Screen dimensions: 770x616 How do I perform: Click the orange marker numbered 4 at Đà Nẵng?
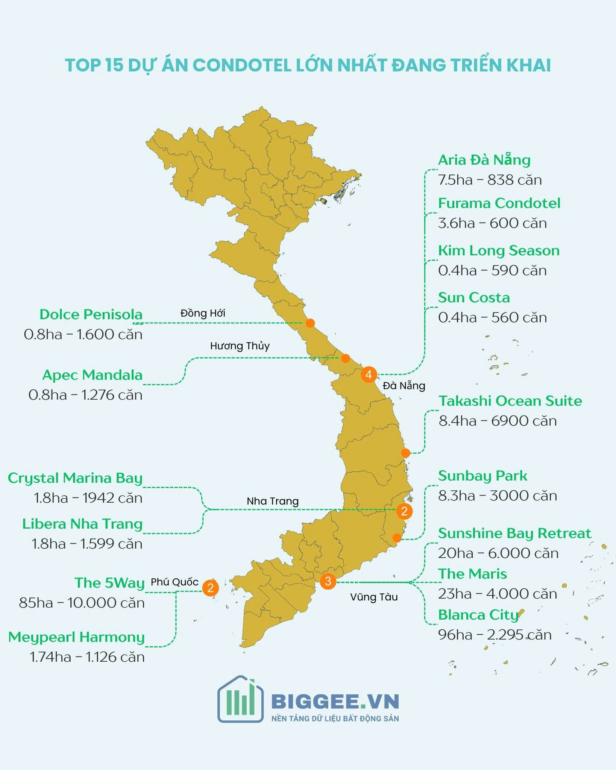tap(369, 374)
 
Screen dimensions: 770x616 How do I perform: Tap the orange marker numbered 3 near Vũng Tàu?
tap(328, 581)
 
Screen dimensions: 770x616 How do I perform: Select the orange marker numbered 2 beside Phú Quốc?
tap(210, 588)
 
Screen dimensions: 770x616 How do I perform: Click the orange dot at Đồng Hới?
tap(310, 323)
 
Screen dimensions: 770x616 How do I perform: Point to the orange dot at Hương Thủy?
tap(345, 358)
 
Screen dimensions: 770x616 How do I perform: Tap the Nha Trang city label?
tap(273, 501)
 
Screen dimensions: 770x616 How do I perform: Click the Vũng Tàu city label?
tap(374, 597)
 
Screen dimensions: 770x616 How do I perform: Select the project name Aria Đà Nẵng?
tap(484, 160)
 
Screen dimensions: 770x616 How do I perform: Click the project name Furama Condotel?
tap(499, 203)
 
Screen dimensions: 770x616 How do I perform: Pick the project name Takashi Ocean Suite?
tap(510, 401)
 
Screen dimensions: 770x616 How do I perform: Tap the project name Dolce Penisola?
tap(91, 314)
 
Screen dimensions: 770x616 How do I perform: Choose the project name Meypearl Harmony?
tap(76, 637)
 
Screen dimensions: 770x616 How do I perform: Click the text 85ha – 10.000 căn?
tap(82, 603)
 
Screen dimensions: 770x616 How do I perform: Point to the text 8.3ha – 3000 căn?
tap(497, 496)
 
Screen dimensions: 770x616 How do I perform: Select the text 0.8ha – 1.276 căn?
tap(85, 395)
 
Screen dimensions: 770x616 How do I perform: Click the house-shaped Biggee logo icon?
tap(240, 700)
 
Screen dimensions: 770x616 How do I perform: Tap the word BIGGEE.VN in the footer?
tap(335, 702)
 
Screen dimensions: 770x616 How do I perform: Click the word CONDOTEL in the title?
tap(242, 65)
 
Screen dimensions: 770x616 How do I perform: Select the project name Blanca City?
tap(478, 615)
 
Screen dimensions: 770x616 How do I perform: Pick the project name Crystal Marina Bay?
tap(75, 478)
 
